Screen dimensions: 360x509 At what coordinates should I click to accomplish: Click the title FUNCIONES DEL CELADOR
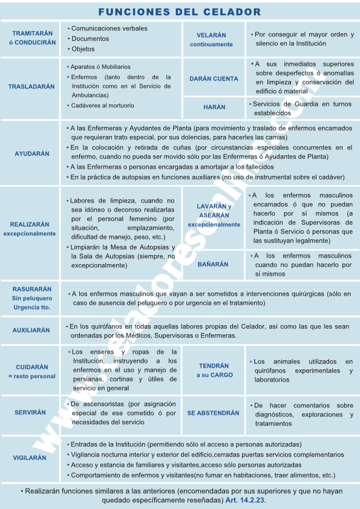pyautogui.click(x=180, y=12)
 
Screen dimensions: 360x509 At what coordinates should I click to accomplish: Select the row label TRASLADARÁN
pyautogui.click(x=31, y=86)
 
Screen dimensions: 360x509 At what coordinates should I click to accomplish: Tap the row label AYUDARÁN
pyautogui.click(x=32, y=154)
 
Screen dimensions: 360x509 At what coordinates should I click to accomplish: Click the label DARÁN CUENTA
pyautogui.click(x=214, y=79)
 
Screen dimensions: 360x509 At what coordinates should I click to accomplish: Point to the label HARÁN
pyautogui.click(x=214, y=107)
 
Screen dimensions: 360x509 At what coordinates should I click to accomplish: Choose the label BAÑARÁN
pyautogui.click(x=213, y=264)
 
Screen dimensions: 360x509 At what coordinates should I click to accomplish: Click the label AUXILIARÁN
pyautogui.click(x=31, y=331)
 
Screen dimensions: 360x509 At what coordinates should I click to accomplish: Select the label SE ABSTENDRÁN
pyautogui.click(x=213, y=413)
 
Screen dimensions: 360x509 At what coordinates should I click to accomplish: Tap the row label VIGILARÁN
pyautogui.click(x=30, y=458)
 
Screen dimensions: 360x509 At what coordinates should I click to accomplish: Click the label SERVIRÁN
pyautogui.click(x=30, y=412)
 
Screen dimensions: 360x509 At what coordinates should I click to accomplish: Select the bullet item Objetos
pyautogui.click(x=83, y=49)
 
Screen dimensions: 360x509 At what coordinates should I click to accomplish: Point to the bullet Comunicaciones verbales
pyautogui.click(x=109, y=28)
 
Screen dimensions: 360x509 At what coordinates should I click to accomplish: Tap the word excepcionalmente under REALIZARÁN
pyautogui.click(x=29, y=233)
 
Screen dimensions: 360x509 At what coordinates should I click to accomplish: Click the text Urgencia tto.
pyautogui.click(x=31, y=307)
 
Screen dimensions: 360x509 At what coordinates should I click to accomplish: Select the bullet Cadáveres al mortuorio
pyautogui.click(x=102, y=105)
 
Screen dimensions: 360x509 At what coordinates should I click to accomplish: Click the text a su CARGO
pyautogui.click(x=214, y=375)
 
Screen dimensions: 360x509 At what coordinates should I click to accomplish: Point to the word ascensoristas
pyautogui.click(x=105, y=403)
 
